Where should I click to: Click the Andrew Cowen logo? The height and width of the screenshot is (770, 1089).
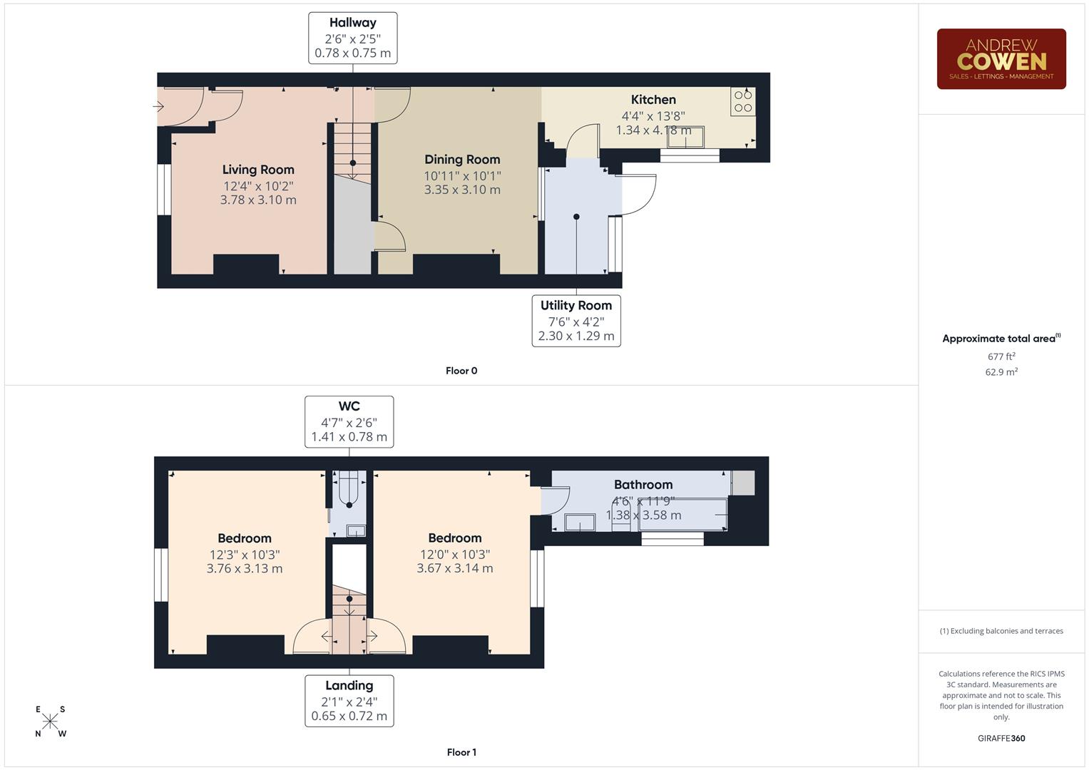1001,59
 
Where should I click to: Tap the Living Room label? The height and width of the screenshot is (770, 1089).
258,170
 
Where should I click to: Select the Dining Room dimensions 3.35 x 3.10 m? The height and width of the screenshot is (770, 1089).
462,190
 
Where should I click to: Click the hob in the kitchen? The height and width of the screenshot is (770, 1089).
742,101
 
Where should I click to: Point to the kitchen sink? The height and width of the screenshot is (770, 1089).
685,138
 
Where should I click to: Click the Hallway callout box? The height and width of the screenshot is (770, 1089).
352,38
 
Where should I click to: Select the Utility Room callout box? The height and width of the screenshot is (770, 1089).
576,321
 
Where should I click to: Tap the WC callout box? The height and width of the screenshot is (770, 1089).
349,421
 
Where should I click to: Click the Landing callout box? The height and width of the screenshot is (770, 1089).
349,700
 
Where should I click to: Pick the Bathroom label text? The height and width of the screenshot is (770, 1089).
643,485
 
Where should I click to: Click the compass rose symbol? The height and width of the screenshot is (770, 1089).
51,721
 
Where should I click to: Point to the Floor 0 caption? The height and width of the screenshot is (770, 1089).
461,371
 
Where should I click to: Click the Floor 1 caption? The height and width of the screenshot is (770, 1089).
461,752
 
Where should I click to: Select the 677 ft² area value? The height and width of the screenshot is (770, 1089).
1001,356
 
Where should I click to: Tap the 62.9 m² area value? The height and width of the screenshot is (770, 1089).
1001,372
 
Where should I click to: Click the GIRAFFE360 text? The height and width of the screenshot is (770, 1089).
1001,738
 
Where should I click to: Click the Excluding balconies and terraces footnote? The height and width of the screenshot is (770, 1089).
1001,631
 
